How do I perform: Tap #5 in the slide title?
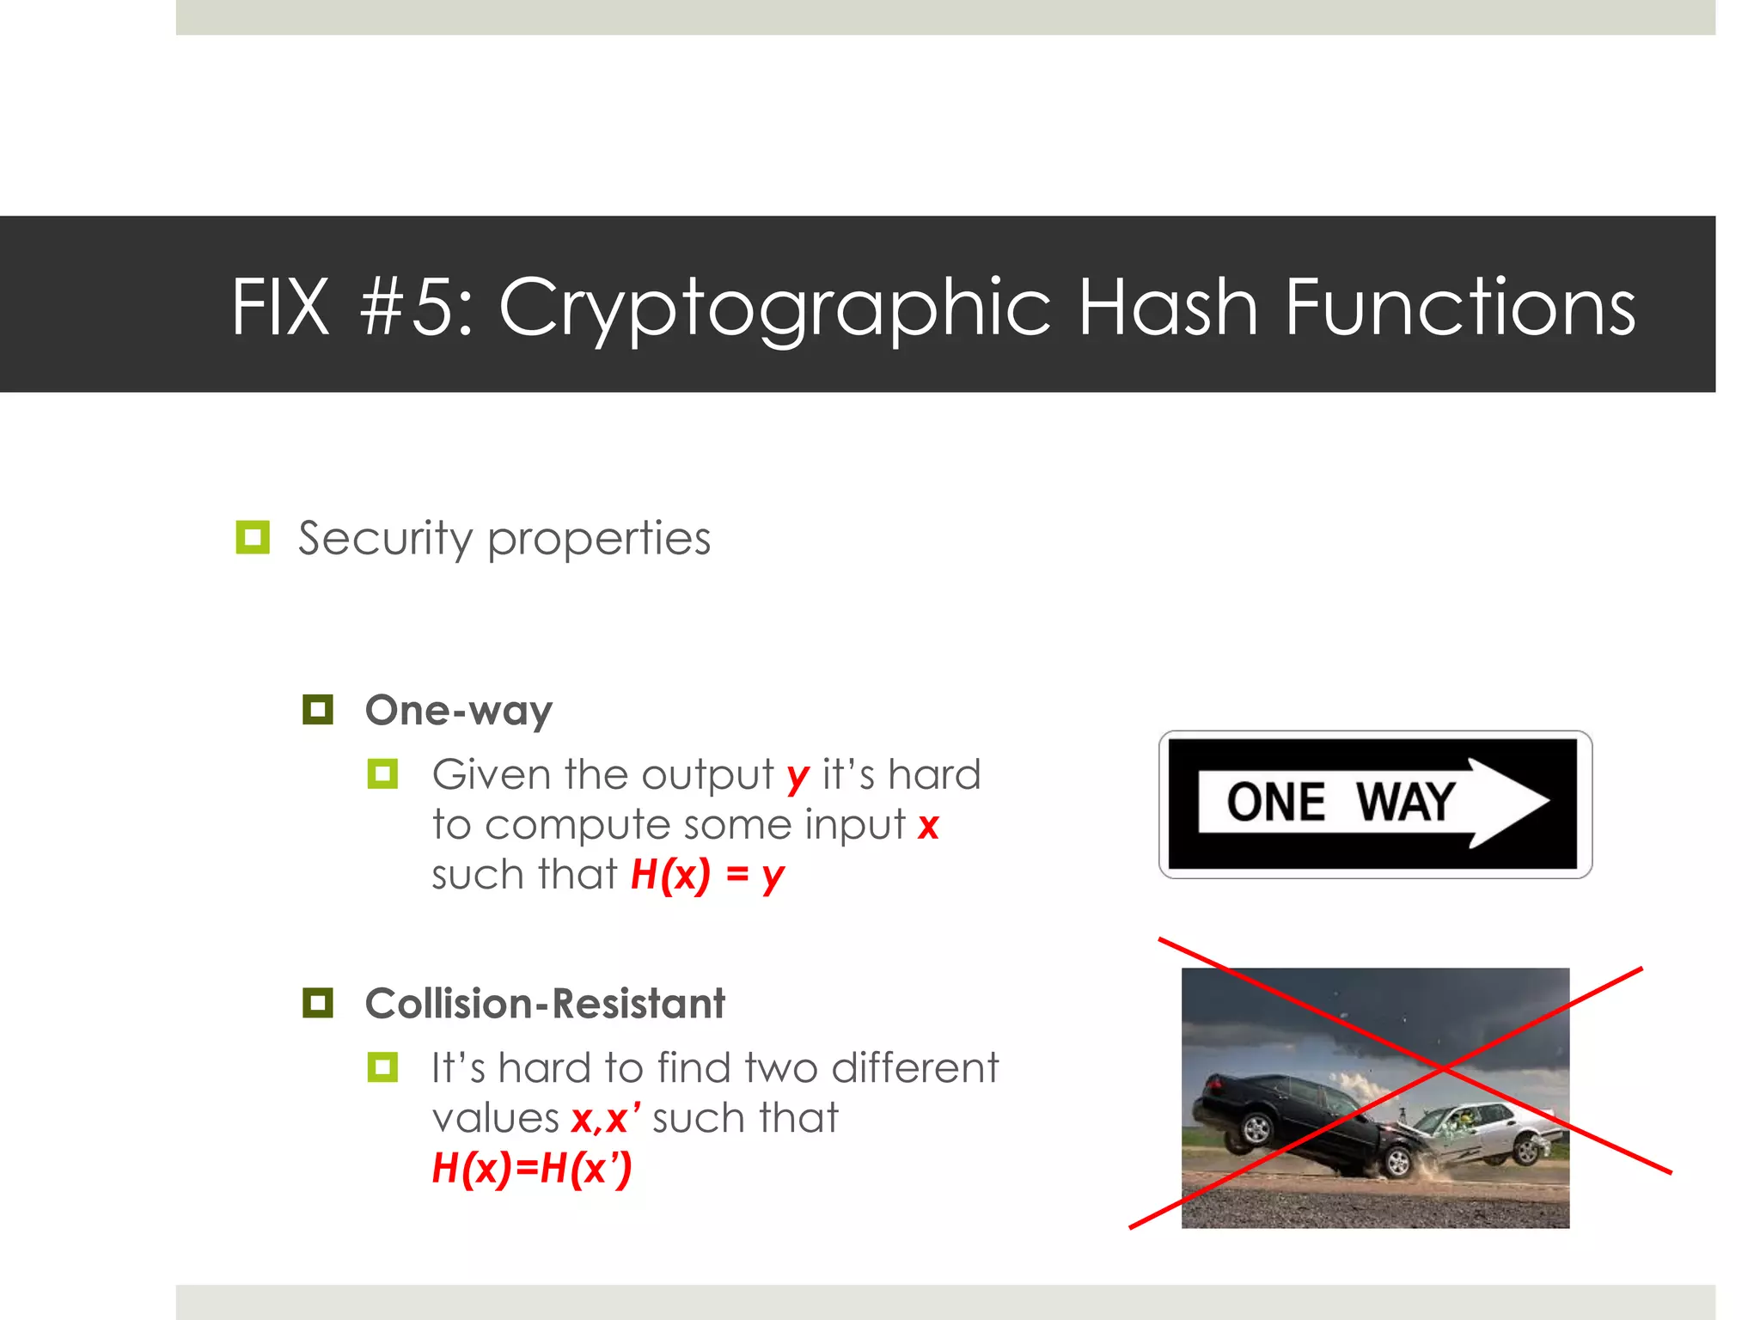point(416,307)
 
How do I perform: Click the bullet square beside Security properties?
point(253,537)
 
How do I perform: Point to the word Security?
point(385,540)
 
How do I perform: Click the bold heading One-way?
point(459,712)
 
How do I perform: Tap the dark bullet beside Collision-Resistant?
point(318,1003)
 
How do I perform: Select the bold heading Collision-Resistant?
point(545,1004)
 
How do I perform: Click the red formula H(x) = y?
point(707,876)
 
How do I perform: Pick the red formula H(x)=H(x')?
point(532,1169)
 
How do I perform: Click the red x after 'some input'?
point(928,826)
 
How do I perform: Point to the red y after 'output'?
point(797,777)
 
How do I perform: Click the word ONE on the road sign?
point(1275,803)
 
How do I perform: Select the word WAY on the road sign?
point(1405,803)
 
